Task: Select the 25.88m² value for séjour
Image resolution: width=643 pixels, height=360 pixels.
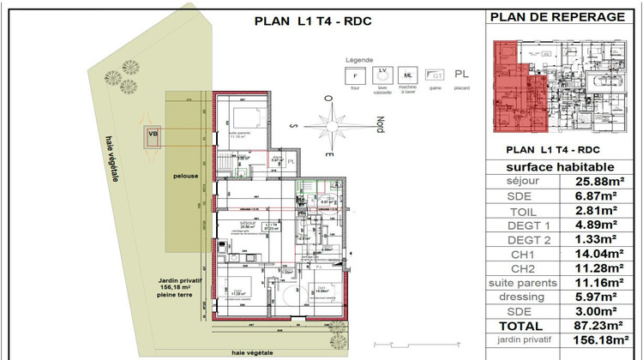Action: [599, 182]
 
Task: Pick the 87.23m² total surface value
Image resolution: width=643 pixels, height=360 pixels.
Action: [599, 326]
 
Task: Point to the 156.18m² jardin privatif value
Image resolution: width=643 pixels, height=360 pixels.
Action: [599, 340]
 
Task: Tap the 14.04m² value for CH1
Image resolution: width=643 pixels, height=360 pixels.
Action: [599, 254]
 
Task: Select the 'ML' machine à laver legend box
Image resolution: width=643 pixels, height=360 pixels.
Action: [410, 76]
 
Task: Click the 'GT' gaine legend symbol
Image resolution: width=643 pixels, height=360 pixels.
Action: [436, 76]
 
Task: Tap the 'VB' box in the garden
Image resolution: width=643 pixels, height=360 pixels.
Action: [153, 134]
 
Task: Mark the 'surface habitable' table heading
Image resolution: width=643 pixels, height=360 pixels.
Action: [562, 166]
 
